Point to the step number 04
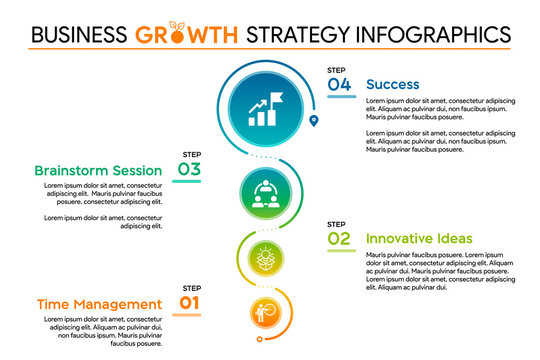pos(340,85)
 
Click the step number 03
pos(189,170)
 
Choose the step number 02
pos(340,238)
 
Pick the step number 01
pos(190,303)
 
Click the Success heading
pos(392,85)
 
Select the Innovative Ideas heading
pos(419,238)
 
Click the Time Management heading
pos(98,304)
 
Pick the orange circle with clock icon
pos(264,311)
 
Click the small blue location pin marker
pos(315,121)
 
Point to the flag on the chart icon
pos(276,97)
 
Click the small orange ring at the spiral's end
pos(259,339)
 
